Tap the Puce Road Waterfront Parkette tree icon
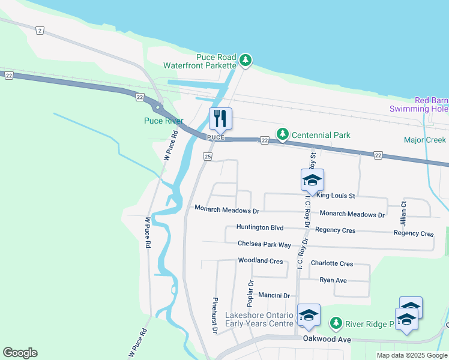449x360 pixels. (x=245, y=60)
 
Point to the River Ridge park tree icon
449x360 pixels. (x=336, y=324)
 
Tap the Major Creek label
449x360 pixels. (x=425, y=140)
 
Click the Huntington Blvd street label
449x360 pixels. (x=259, y=227)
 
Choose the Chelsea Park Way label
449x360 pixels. (x=264, y=245)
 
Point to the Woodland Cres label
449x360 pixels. (x=260, y=261)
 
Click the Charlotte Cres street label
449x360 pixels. (x=332, y=263)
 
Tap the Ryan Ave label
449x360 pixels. (x=333, y=280)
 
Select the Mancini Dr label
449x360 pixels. (x=274, y=296)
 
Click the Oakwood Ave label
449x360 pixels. (x=327, y=340)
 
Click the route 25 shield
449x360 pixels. (x=208, y=157)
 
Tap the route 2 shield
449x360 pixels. (x=40, y=30)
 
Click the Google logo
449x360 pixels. (x=20, y=353)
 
